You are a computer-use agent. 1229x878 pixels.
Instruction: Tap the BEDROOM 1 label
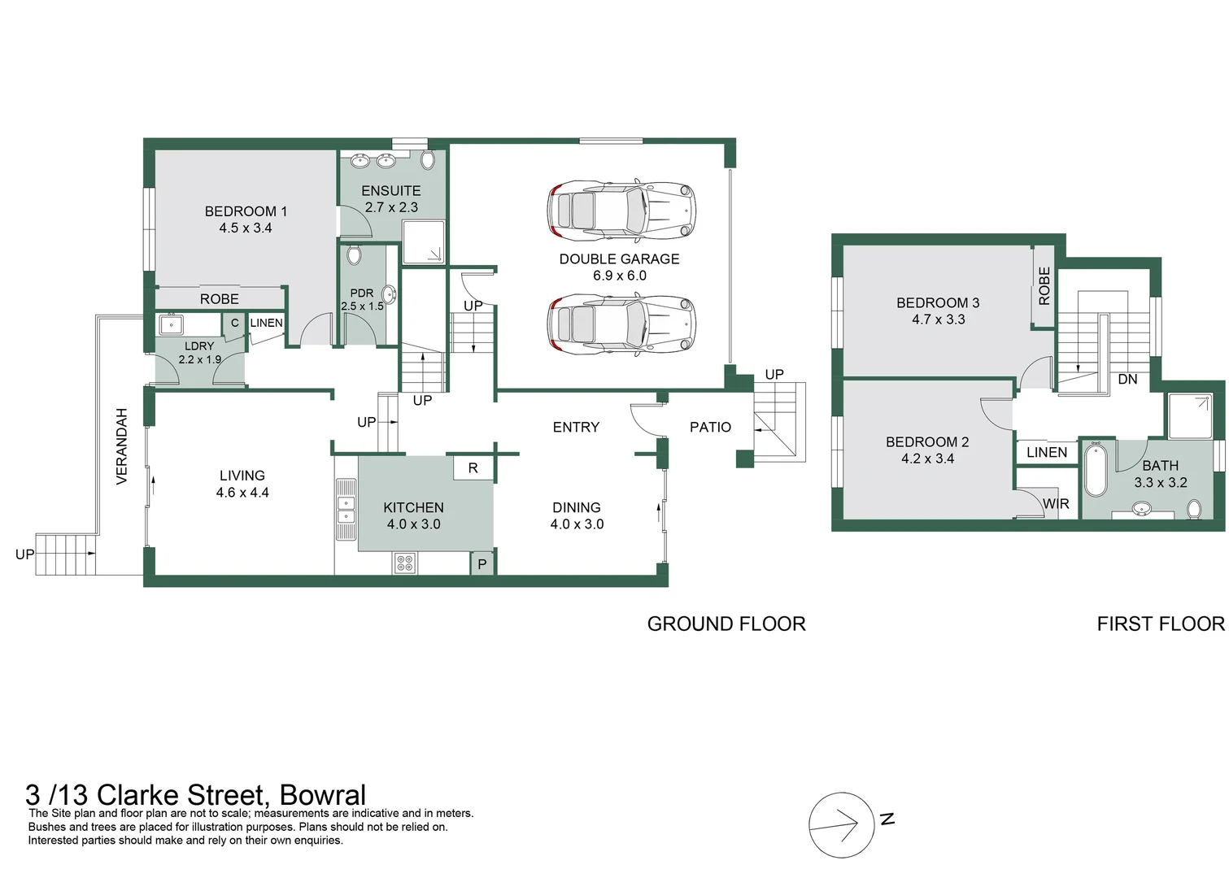click(246, 211)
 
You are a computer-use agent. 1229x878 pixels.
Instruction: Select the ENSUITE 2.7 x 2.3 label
click(391, 198)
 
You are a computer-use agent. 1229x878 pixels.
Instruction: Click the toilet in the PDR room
click(354, 255)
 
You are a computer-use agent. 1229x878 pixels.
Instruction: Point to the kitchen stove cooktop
click(404, 562)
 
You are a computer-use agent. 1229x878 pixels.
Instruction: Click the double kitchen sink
click(346, 510)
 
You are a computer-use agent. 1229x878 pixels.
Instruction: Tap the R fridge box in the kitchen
click(473, 468)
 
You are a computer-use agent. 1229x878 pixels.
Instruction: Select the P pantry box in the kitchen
click(482, 563)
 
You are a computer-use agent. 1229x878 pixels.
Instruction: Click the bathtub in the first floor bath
click(1095, 471)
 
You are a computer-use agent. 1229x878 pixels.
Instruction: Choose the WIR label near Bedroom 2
click(1056, 504)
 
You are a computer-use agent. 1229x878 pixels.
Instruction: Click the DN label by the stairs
click(1127, 380)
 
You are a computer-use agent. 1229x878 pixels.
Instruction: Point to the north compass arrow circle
click(840, 824)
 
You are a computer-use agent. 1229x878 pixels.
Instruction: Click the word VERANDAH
click(122, 446)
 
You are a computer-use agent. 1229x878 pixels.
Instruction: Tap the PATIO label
click(710, 428)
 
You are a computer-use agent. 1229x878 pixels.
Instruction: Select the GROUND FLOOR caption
click(726, 624)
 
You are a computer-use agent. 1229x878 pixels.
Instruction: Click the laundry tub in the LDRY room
click(172, 325)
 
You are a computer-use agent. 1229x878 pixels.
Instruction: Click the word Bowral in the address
click(322, 794)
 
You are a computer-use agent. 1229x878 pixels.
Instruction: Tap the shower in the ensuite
click(423, 243)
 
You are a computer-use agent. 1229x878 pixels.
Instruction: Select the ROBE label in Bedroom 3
click(1044, 286)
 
